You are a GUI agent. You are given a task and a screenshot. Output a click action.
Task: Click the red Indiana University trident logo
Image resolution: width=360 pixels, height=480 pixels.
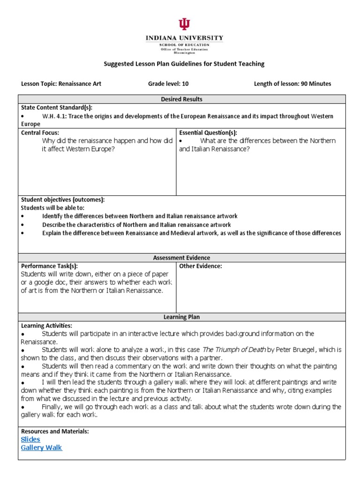pyautogui.click(x=184, y=25)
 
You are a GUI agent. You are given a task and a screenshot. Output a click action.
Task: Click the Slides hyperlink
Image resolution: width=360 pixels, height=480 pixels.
pyautogui.click(x=30, y=439)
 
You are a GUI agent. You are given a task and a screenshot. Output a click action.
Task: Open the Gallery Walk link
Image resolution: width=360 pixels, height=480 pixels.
pyautogui.click(x=41, y=448)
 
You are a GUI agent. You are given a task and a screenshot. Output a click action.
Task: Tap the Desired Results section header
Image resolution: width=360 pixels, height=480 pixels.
pyautogui.click(x=181, y=99)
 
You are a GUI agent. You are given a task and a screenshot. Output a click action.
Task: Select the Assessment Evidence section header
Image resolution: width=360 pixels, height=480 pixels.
pyautogui.click(x=181, y=258)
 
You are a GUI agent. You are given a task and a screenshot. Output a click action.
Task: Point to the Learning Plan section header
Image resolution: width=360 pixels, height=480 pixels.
pyautogui.click(x=181, y=317)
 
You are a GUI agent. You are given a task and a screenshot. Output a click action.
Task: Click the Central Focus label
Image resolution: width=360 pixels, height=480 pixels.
pyautogui.click(x=40, y=133)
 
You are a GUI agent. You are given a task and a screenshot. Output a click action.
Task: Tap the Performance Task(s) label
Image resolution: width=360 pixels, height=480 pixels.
pyautogui.click(x=49, y=266)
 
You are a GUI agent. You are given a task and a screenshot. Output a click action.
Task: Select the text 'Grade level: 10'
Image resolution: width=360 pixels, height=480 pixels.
pyautogui.click(x=168, y=84)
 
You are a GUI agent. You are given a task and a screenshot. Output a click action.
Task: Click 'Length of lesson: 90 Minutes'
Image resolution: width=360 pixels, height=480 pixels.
pyautogui.click(x=292, y=84)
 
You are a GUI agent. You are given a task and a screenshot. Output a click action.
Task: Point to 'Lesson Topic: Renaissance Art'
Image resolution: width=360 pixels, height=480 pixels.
pyautogui.click(x=61, y=84)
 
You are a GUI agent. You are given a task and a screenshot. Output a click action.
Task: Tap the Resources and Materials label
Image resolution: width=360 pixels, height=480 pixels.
pyautogui.click(x=55, y=431)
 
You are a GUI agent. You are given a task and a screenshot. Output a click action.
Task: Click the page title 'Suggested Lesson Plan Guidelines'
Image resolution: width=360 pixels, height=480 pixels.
pyautogui.click(x=184, y=64)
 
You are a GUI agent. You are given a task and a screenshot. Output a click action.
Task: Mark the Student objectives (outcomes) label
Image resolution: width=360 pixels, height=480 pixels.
pyautogui.click(x=63, y=200)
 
